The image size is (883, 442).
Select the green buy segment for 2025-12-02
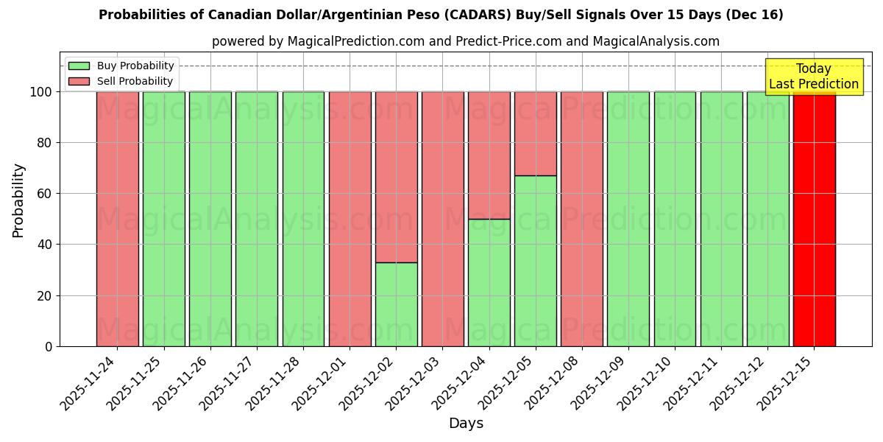[396, 304]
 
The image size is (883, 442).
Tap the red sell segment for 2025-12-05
[535, 133]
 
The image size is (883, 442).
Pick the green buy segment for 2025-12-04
[489, 282]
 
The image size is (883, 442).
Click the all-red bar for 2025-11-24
[117, 219]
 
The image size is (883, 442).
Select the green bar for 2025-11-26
[210, 219]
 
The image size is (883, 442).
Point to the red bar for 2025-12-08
[581, 219]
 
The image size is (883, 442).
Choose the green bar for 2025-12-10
[675, 219]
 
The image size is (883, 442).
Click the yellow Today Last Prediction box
[813, 77]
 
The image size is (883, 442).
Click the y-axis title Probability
[18, 200]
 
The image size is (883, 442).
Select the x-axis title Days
[466, 424]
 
